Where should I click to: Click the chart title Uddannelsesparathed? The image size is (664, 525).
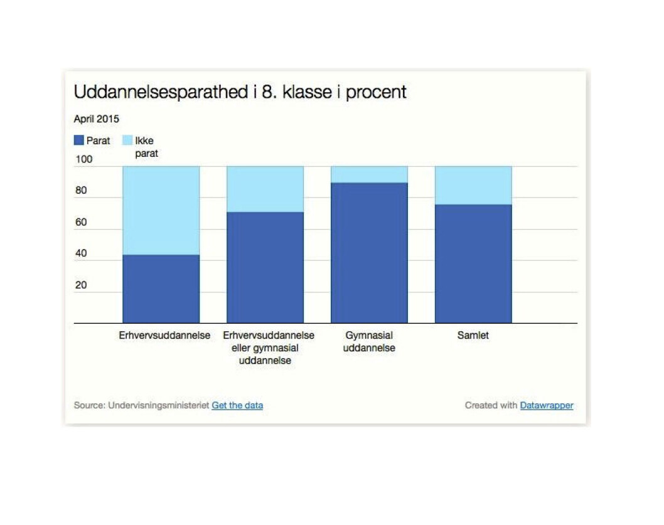161,92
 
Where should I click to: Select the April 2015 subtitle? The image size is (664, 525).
97,119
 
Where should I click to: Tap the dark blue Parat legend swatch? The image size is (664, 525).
79,140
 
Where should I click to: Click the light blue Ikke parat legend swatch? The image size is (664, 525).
127,140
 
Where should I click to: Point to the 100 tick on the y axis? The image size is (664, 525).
84,159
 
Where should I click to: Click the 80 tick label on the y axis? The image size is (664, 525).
81,191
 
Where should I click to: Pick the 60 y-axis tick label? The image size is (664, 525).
81,222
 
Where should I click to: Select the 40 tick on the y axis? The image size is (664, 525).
81,253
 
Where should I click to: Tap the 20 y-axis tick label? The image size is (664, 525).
81,285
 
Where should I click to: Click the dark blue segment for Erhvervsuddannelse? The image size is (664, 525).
161,289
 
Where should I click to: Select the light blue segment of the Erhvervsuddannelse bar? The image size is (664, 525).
161,210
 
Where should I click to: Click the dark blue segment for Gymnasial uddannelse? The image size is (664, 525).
369,253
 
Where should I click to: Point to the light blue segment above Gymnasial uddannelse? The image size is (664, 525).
369,174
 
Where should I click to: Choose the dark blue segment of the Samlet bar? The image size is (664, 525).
473,264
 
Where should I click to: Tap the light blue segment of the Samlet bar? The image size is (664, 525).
473,186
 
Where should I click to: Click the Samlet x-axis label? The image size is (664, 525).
473,336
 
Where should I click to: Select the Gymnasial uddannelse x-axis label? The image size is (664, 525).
369,342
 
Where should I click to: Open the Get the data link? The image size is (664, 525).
237,405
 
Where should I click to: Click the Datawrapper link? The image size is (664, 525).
547,405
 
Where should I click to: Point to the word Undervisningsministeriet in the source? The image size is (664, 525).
158,405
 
